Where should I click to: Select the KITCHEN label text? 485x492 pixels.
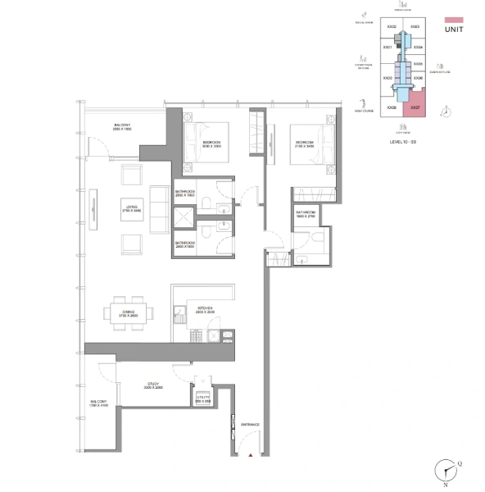click(204, 310)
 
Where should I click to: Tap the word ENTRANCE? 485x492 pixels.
click(250, 424)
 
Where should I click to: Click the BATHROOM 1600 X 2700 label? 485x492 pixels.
click(305, 214)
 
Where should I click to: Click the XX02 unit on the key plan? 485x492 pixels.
click(392, 27)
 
